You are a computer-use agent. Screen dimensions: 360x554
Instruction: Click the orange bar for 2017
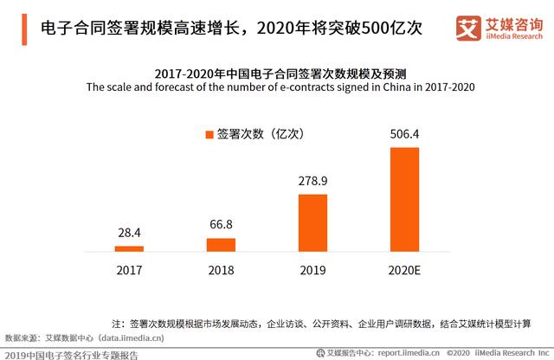[x=129, y=248]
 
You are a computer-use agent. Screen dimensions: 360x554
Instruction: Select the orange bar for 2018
[x=221, y=244]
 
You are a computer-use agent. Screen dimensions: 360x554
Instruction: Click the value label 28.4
[x=129, y=234]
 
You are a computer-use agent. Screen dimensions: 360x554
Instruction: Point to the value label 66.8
[x=221, y=225]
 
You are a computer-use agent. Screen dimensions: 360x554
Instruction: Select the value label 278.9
[x=312, y=181]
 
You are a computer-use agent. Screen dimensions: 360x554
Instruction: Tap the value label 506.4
[x=404, y=134]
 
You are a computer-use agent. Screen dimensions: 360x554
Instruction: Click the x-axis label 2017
[x=129, y=269]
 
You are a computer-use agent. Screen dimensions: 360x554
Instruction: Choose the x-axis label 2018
[x=221, y=269]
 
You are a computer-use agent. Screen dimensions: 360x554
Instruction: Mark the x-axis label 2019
[x=312, y=269]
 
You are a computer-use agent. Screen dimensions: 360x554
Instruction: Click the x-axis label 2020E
[x=404, y=269]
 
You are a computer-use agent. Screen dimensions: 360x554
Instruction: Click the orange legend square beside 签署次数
[x=208, y=134]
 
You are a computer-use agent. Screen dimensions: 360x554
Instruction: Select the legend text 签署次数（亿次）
[x=260, y=134]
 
